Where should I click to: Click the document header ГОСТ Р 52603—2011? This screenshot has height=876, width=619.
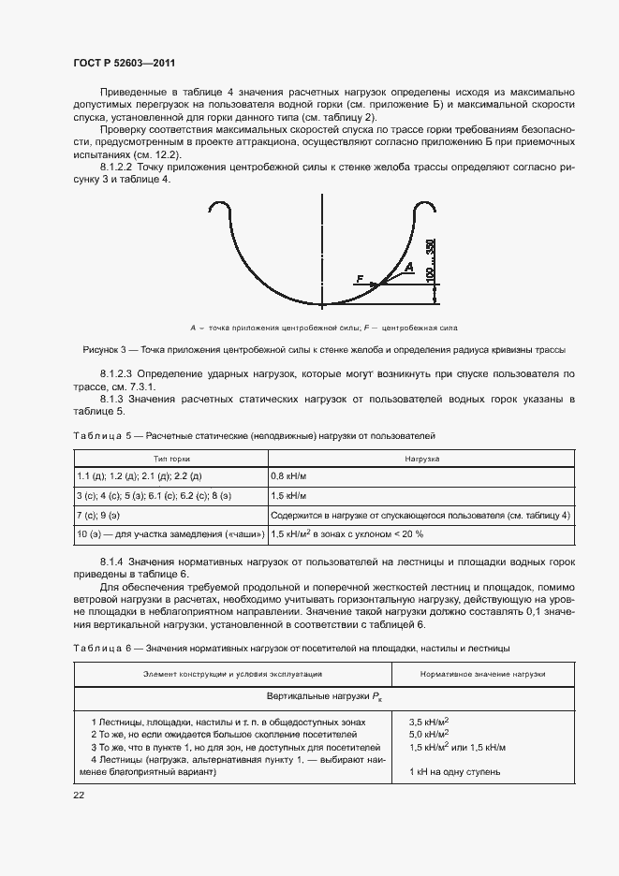coord(125,63)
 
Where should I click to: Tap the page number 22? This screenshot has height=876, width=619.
coord(80,795)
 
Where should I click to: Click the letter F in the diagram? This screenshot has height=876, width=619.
coord(359,278)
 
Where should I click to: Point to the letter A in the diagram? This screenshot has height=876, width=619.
coord(407,268)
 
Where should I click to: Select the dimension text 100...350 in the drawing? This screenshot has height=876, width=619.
coord(430,261)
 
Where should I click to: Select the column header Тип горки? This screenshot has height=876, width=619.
coord(171,459)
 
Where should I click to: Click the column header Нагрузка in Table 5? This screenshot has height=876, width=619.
coord(421,459)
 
